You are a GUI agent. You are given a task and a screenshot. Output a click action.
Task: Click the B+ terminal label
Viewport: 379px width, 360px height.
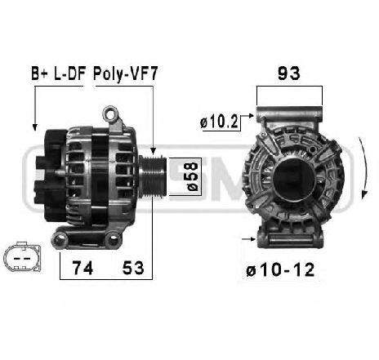39,73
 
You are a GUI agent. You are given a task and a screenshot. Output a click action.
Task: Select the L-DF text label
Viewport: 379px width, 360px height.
70,73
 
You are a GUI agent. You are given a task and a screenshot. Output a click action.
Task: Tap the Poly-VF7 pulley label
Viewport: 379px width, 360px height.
126,73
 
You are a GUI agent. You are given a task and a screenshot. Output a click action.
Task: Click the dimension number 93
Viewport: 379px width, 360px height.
289,73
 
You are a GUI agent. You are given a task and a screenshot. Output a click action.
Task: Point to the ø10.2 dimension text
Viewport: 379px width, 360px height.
219,122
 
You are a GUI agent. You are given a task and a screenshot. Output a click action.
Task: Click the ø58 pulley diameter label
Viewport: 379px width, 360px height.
192,176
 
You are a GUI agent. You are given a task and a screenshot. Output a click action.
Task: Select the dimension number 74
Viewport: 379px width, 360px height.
82,268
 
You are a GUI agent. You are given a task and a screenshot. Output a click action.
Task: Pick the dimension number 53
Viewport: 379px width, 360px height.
133,268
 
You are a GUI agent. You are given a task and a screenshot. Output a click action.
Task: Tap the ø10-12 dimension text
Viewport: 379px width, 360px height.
280,270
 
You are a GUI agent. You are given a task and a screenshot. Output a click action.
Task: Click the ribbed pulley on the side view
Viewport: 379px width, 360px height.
153,176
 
